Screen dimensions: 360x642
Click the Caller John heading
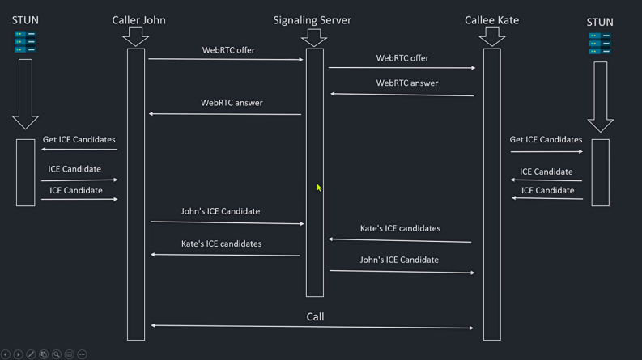(138, 20)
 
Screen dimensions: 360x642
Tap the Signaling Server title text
(312, 20)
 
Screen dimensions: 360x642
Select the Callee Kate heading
(491, 20)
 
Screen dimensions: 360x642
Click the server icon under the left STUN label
(25, 42)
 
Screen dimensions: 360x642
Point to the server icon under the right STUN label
(600, 44)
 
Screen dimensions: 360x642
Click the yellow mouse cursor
(319, 188)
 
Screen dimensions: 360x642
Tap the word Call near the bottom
(315, 316)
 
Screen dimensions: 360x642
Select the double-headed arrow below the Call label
(312, 327)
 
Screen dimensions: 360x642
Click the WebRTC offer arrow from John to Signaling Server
(226, 59)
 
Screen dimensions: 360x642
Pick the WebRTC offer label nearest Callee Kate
(402, 58)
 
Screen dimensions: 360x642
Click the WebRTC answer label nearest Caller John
(232, 103)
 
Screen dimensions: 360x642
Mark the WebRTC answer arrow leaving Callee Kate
(402, 95)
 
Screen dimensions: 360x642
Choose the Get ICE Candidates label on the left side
(79, 139)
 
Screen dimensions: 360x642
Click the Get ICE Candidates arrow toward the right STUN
(546, 151)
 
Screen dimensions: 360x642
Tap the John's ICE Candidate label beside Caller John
(220, 211)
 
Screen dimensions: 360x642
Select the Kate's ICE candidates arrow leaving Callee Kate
(400, 240)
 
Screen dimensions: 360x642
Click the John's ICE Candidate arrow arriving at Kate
(402, 272)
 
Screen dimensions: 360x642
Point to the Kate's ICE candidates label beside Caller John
(221, 244)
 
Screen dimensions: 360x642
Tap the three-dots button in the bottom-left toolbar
(82, 354)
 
